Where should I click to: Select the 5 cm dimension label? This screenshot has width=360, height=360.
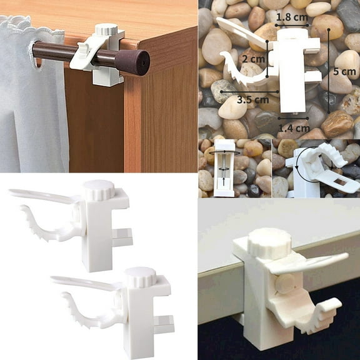[343, 71]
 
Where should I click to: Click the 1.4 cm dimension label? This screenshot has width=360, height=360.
[294, 128]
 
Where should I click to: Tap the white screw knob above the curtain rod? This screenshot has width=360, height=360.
[106, 29]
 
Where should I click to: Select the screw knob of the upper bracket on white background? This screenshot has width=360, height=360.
[99, 189]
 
